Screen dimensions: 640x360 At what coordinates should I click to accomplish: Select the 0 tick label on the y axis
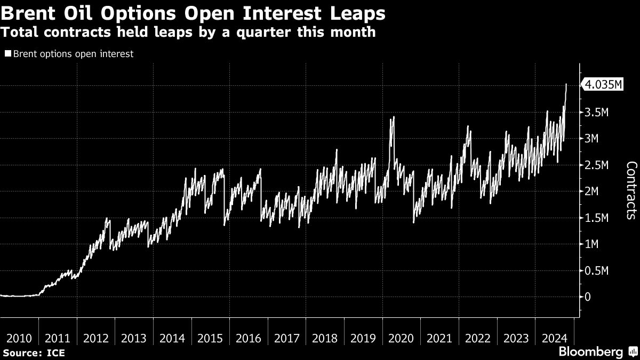tap(587, 297)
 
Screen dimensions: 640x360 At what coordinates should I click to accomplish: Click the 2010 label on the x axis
tap(19, 339)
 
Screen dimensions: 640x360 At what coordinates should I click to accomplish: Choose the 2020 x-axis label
tap(401, 339)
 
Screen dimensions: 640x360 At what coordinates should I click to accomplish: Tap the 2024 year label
tap(554, 339)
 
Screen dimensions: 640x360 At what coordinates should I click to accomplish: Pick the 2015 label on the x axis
tap(210, 339)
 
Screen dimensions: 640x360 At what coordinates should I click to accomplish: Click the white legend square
tap(8, 53)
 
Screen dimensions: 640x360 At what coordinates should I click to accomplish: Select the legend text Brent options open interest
tap(73, 54)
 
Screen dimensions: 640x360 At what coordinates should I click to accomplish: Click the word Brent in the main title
tap(28, 13)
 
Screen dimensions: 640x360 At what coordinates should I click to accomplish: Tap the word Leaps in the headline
tap(358, 14)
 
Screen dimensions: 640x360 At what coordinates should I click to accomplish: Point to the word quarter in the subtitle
tap(263, 32)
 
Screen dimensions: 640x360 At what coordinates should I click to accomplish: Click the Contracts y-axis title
tap(631, 190)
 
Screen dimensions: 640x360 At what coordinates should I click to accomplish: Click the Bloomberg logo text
tap(591, 351)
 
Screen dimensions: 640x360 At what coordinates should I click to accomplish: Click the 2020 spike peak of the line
tap(394, 117)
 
